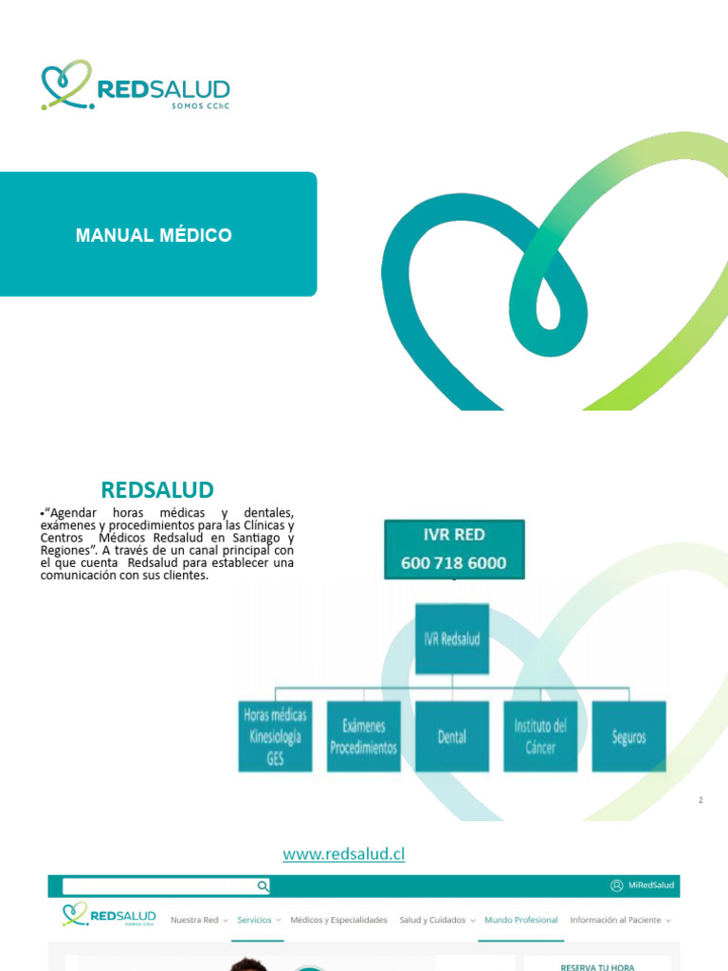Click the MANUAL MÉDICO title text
point(154,235)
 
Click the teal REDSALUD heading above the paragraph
point(157,490)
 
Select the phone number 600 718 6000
point(453,562)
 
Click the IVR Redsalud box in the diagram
point(452,638)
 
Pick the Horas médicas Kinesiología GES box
point(275,737)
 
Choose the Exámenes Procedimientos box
point(363,737)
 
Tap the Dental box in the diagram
point(452,737)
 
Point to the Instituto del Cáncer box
point(540,737)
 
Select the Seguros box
point(628,737)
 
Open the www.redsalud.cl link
point(344,854)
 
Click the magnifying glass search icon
point(263,886)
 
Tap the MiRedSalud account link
point(643,886)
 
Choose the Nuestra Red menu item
point(195,920)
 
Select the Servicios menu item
point(255,920)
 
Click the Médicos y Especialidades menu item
point(338,920)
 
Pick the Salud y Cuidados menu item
point(433,920)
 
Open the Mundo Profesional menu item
point(520,920)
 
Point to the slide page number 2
point(701,800)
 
